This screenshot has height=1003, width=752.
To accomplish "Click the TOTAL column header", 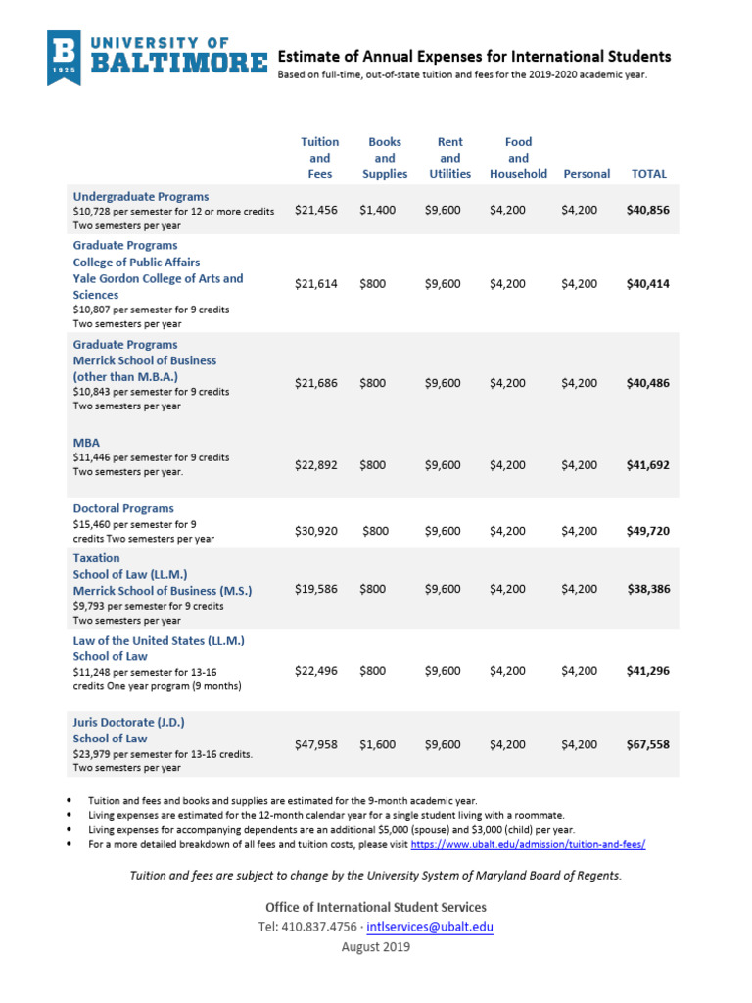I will [649, 174].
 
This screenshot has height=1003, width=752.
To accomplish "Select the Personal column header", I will [587, 174].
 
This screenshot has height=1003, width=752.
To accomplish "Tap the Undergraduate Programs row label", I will [141, 196].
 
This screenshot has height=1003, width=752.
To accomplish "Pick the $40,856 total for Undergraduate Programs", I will [647, 210].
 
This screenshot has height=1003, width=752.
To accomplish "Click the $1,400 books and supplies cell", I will [378, 210].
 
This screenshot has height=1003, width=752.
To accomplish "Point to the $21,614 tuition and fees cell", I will [315, 284].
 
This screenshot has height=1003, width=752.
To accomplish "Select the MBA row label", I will [87, 442].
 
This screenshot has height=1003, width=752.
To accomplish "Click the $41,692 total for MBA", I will [647, 466].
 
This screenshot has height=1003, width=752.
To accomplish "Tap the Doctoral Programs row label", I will [123, 508].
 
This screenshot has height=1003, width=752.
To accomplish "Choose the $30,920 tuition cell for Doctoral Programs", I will [315, 531].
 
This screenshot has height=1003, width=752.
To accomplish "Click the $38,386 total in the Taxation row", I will [647, 589].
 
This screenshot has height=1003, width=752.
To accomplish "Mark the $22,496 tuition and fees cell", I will [315, 671].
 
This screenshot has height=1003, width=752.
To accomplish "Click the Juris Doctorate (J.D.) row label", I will [128, 722].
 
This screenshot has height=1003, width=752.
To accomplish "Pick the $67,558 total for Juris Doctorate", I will [647, 744].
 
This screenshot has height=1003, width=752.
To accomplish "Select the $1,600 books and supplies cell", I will [378, 744].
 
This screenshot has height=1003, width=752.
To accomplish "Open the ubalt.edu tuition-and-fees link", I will [528, 844].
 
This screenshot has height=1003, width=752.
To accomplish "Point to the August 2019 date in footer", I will [376, 947].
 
